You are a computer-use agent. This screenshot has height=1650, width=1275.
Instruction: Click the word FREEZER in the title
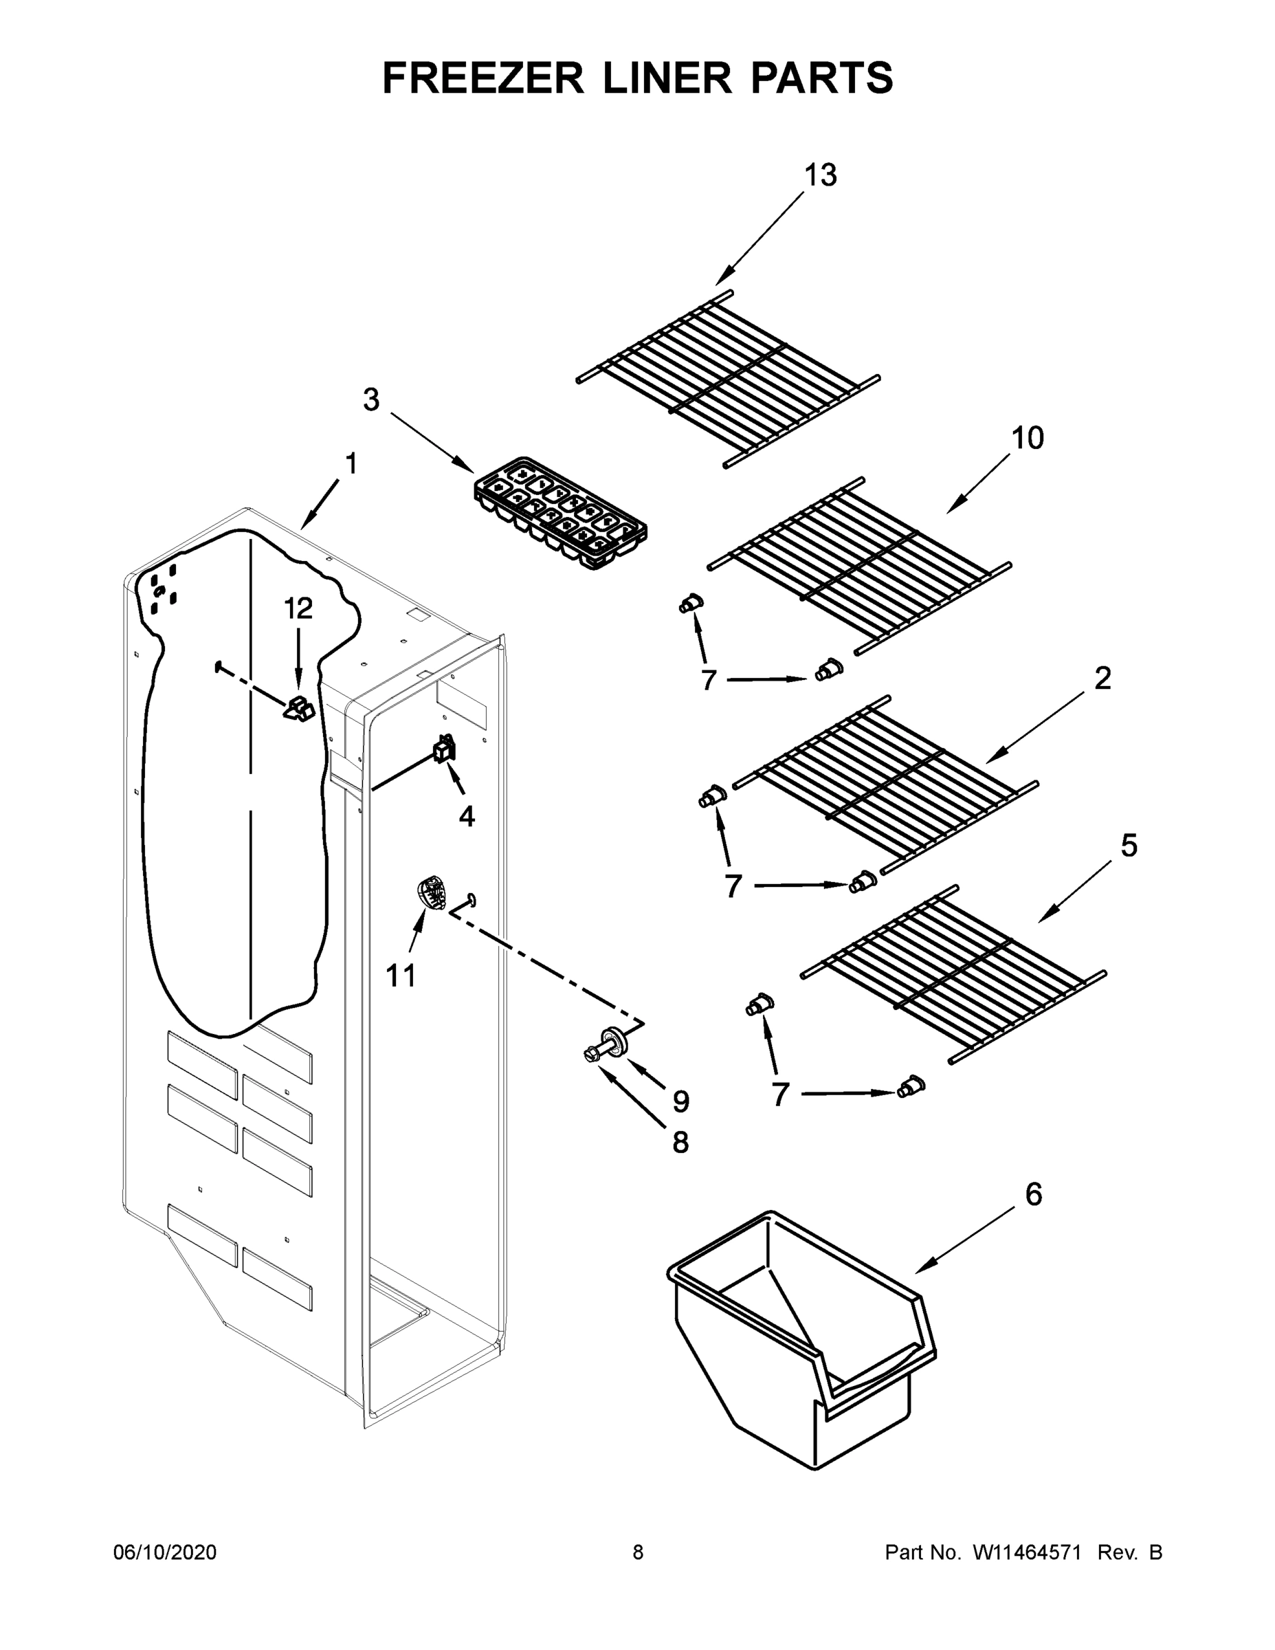(x=483, y=78)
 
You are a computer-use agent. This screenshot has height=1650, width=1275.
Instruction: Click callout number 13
(x=820, y=175)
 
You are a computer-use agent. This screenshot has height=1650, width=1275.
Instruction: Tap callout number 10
(x=1028, y=438)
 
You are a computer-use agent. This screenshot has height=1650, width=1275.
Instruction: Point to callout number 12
(x=298, y=608)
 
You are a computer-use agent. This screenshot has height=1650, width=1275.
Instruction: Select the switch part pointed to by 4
(x=443, y=749)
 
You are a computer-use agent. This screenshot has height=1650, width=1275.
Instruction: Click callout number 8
(x=680, y=1143)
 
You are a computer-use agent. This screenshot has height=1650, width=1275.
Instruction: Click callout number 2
(x=1102, y=679)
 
